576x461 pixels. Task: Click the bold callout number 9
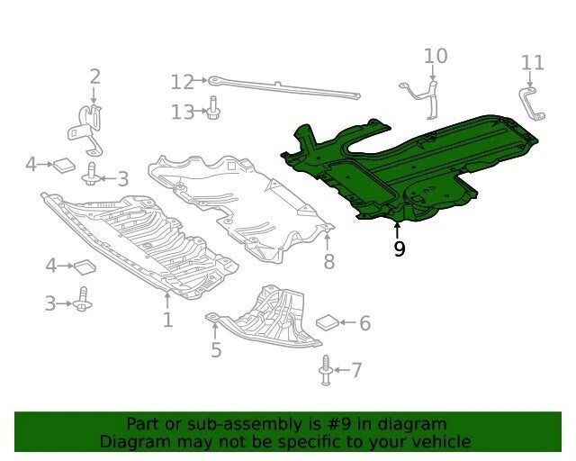400,249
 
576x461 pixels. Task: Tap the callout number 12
183,82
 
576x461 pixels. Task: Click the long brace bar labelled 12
284,88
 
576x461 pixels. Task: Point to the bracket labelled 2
86,129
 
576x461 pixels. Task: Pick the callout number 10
436,56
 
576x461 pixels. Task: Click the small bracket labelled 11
531,104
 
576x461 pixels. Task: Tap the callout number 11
533,63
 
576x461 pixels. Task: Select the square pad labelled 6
328,322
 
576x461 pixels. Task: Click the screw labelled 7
326,370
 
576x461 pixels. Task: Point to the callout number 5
216,349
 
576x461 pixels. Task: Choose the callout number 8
329,261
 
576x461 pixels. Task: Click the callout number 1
168,320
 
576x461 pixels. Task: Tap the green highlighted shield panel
408,169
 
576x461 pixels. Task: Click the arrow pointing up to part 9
397,230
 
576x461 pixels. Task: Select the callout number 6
364,322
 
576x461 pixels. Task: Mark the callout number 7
356,370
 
